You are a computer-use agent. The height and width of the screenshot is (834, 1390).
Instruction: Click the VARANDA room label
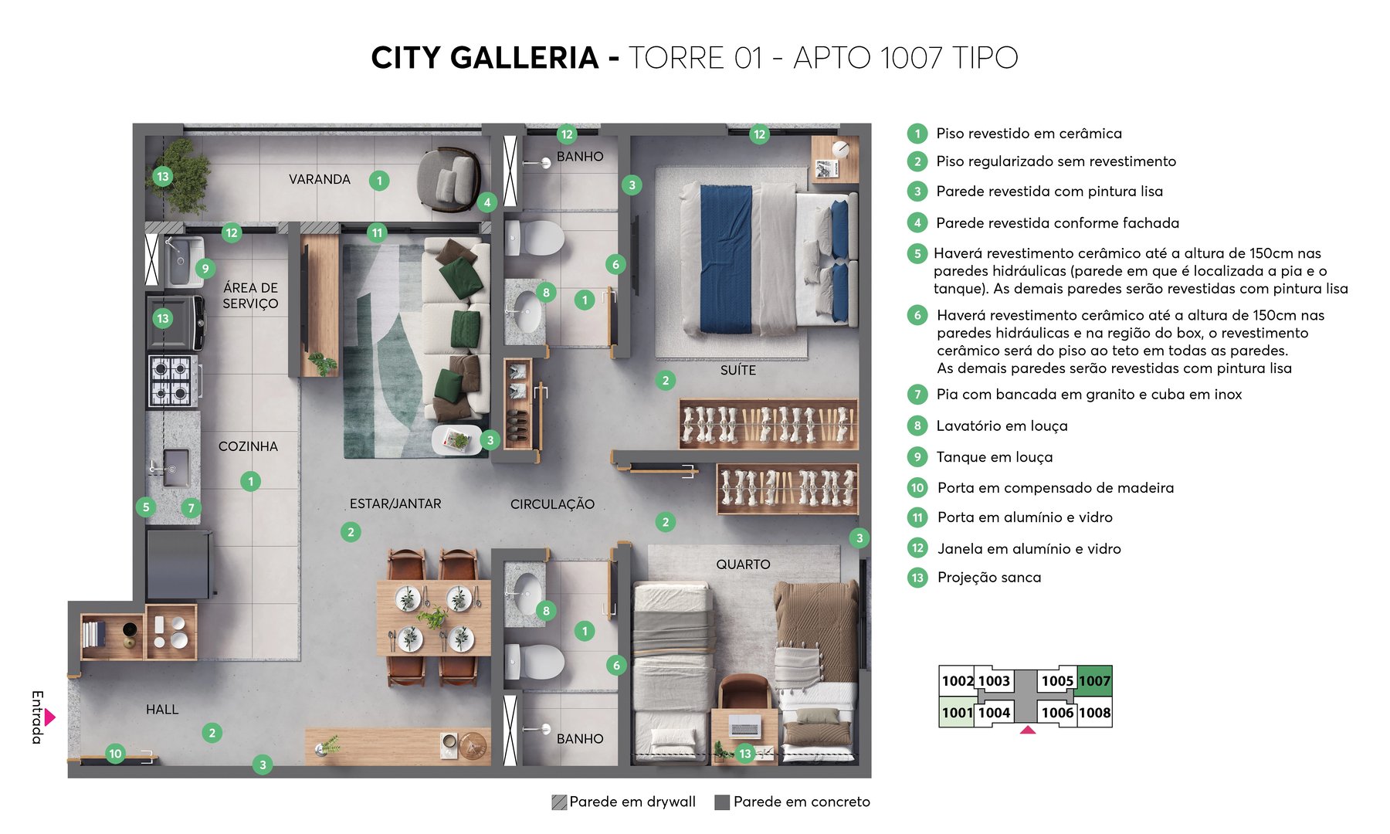tap(319, 179)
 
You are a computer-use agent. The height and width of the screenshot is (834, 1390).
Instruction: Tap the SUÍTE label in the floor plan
tap(737, 370)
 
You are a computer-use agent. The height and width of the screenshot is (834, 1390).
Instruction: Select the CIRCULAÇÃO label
tap(552, 504)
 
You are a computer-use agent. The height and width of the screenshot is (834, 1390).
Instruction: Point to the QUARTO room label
tap(743, 564)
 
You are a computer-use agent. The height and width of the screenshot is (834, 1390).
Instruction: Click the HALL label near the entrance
tap(162, 710)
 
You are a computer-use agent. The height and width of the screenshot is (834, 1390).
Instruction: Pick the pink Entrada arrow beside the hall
tap(50, 717)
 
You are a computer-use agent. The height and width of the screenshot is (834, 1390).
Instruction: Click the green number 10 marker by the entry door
tap(115, 754)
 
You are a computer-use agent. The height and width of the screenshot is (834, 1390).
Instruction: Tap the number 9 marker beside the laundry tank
tap(205, 269)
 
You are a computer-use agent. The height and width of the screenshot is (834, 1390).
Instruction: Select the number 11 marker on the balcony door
tap(377, 232)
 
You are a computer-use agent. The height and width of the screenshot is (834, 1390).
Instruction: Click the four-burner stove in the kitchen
tap(172, 381)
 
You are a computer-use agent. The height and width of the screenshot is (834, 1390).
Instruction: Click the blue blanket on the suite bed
tap(725, 259)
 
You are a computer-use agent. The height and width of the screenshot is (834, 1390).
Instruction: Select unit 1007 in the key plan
tap(1094, 680)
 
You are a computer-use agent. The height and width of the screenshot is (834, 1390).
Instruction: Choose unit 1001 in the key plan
tap(957, 713)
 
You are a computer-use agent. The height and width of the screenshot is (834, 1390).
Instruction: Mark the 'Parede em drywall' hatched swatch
tap(559, 802)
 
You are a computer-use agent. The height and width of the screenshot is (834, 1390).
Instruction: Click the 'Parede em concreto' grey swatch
tap(722, 802)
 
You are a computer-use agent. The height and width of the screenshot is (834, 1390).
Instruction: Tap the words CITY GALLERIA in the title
tap(484, 58)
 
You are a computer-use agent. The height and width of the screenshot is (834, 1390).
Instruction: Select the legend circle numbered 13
tap(917, 578)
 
